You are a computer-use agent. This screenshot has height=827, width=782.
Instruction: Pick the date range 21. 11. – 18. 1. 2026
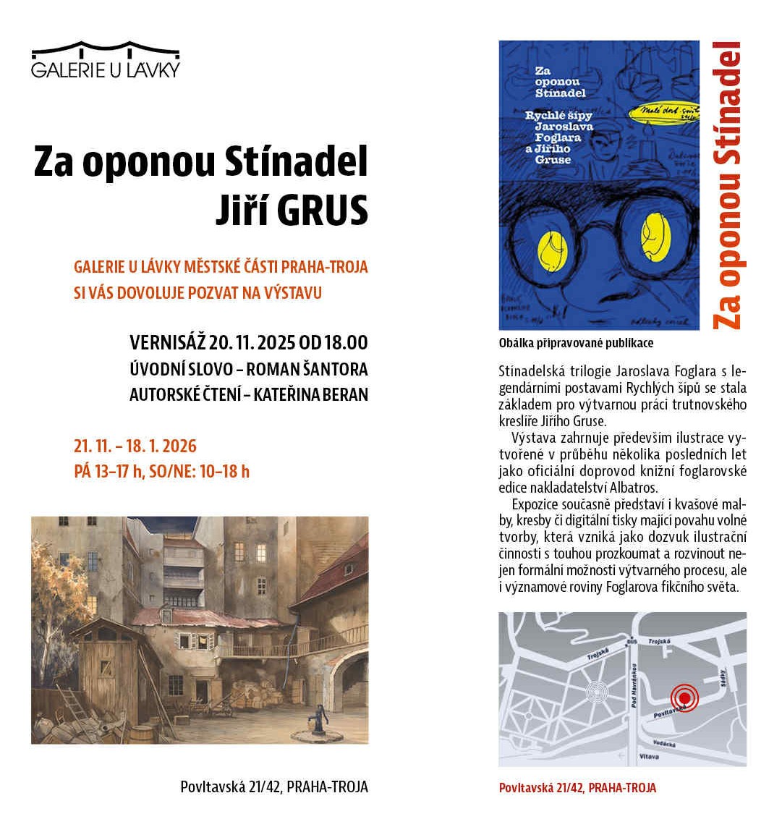135,446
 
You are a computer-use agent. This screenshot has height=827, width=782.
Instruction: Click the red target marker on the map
684,697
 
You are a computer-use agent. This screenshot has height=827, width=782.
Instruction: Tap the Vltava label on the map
649,757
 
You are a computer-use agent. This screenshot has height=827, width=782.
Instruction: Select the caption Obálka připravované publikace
576,343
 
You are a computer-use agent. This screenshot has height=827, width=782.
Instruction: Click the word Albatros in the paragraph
634,488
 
